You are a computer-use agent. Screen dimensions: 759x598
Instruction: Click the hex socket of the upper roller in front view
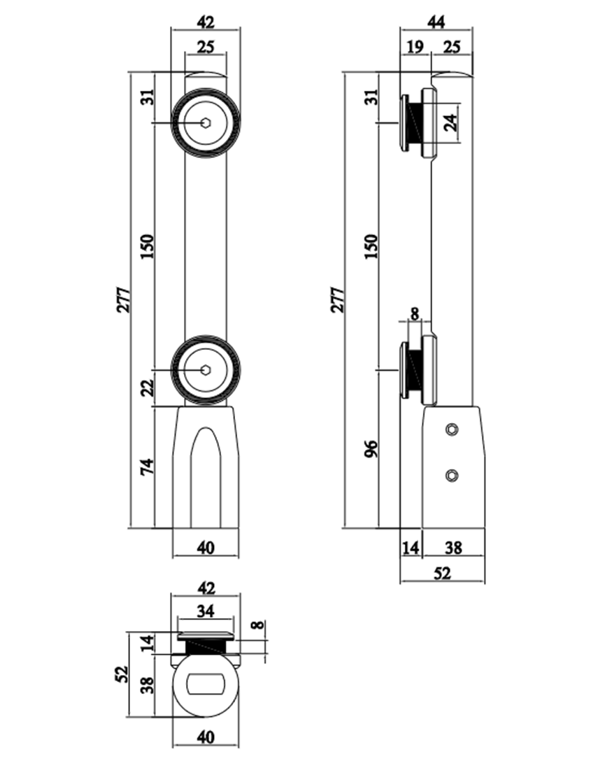point(206,123)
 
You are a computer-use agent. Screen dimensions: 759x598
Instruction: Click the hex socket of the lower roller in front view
point(206,369)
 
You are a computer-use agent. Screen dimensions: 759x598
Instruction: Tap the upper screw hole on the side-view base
point(453,427)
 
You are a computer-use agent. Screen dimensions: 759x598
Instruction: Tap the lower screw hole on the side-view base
point(452,475)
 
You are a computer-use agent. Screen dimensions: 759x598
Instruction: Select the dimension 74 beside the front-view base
point(147,467)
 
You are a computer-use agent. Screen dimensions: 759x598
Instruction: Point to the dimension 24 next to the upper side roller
point(451,124)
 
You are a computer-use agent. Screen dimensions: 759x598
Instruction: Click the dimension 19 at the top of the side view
point(413,48)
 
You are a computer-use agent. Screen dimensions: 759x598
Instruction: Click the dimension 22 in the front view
point(147,389)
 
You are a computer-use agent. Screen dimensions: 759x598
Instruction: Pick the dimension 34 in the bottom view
point(205,611)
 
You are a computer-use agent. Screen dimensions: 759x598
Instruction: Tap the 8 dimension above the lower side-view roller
point(415,313)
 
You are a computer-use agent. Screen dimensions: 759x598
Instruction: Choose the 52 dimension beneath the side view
point(442,574)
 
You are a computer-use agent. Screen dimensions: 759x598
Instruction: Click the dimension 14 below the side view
point(411,548)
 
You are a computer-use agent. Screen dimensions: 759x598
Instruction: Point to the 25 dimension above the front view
point(205,48)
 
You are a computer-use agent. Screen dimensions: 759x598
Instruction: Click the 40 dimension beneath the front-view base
point(205,548)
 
